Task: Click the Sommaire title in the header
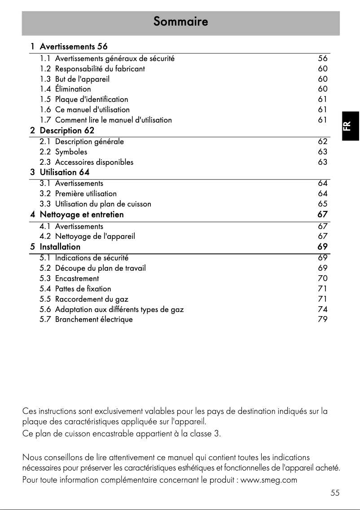180,22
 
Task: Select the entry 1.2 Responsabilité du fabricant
92,69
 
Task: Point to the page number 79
322,320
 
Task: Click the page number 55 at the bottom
335,493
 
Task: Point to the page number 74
322,309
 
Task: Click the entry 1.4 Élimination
65,89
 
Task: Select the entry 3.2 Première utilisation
78,194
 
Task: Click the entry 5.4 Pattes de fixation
75,289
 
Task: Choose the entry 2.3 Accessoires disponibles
86,162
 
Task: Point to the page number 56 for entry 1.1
322,58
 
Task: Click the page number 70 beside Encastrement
322,278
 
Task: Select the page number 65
322,204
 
